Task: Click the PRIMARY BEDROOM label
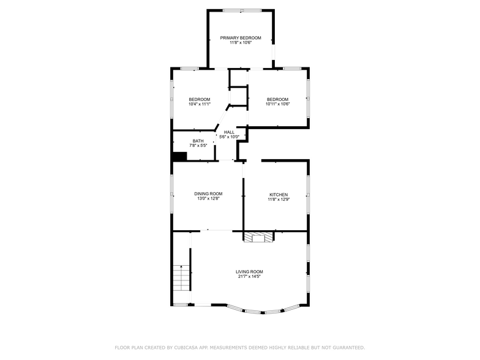pos(241,38)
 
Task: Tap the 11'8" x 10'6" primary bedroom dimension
pos(241,43)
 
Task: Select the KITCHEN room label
pos(278,195)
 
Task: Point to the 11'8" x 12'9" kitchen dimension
pos(278,200)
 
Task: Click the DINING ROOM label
pos(208,193)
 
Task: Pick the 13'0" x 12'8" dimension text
pos(208,198)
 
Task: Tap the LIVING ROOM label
pos(249,271)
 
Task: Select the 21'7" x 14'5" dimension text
pos(249,276)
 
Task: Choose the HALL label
pos(229,132)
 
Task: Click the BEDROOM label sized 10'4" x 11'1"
pos(199,100)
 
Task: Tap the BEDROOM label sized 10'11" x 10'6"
pos(277,100)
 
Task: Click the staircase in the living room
pos(182,279)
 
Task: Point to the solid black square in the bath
pos(179,157)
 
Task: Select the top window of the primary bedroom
pos(241,10)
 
